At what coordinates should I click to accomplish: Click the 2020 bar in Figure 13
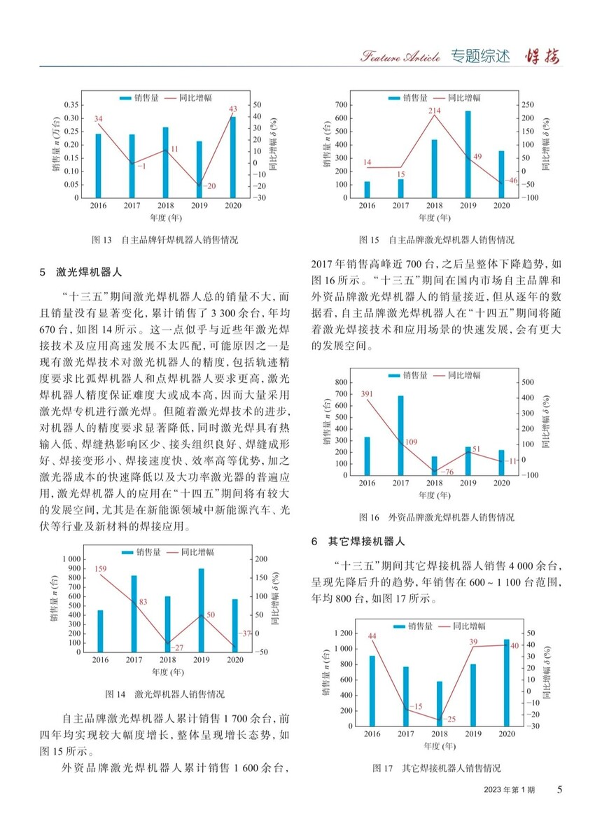coord(232,157)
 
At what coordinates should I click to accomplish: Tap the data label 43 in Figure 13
coord(233,108)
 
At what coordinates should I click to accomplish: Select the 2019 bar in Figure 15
coord(468,155)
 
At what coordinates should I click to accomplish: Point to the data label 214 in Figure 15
coord(434,111)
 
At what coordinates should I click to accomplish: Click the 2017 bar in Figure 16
coord(400,436)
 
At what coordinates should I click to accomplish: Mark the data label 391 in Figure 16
coord(367,394)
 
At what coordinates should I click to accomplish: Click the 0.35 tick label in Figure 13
coord(70,104)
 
